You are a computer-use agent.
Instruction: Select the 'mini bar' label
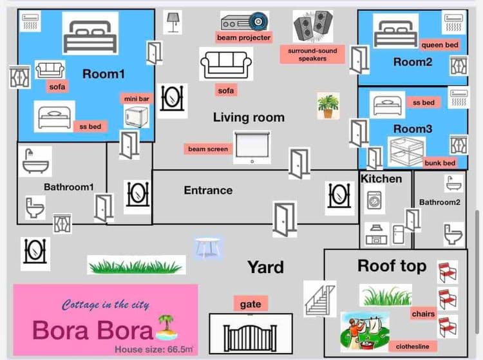tap(137, 99)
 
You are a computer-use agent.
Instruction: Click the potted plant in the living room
tap(328, 106)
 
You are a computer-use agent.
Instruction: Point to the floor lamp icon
tap(173, 23)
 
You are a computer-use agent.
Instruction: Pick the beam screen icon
tap(252, 147)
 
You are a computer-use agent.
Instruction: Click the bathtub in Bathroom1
tap(36, 161)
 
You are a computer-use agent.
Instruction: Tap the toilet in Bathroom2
tap(453, 234)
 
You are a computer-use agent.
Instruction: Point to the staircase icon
tap(319, 299)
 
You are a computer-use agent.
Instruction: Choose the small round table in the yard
tap(208, 247)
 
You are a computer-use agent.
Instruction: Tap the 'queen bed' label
tap(440, 45)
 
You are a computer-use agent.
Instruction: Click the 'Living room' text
tap(249, 118)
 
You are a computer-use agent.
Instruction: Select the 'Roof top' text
tap(392, 266)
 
